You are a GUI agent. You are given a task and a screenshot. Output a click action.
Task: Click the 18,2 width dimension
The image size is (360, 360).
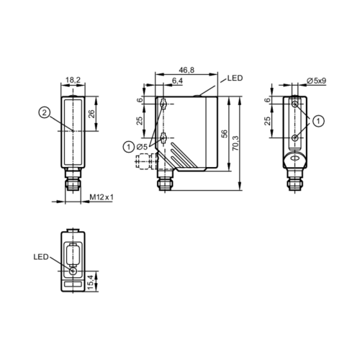tap(73, 80)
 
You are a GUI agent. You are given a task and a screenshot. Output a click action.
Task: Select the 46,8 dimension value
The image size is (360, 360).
tap(186, 70)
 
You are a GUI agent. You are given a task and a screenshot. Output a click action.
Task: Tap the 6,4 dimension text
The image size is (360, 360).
tap(177, 81)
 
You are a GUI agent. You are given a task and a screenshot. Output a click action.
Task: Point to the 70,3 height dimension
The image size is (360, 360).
tap(236, 143)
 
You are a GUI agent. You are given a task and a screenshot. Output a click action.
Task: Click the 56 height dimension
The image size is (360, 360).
tap(224, 133)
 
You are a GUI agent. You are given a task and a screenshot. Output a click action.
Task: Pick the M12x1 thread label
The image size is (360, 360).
tap(102, 197)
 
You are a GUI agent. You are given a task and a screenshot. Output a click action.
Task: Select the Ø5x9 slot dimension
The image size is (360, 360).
tap(317, 81)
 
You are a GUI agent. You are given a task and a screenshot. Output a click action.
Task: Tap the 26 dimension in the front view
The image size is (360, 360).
tap(91, 113)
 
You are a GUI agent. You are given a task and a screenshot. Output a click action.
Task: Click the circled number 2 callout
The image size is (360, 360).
tap(45, 112)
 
